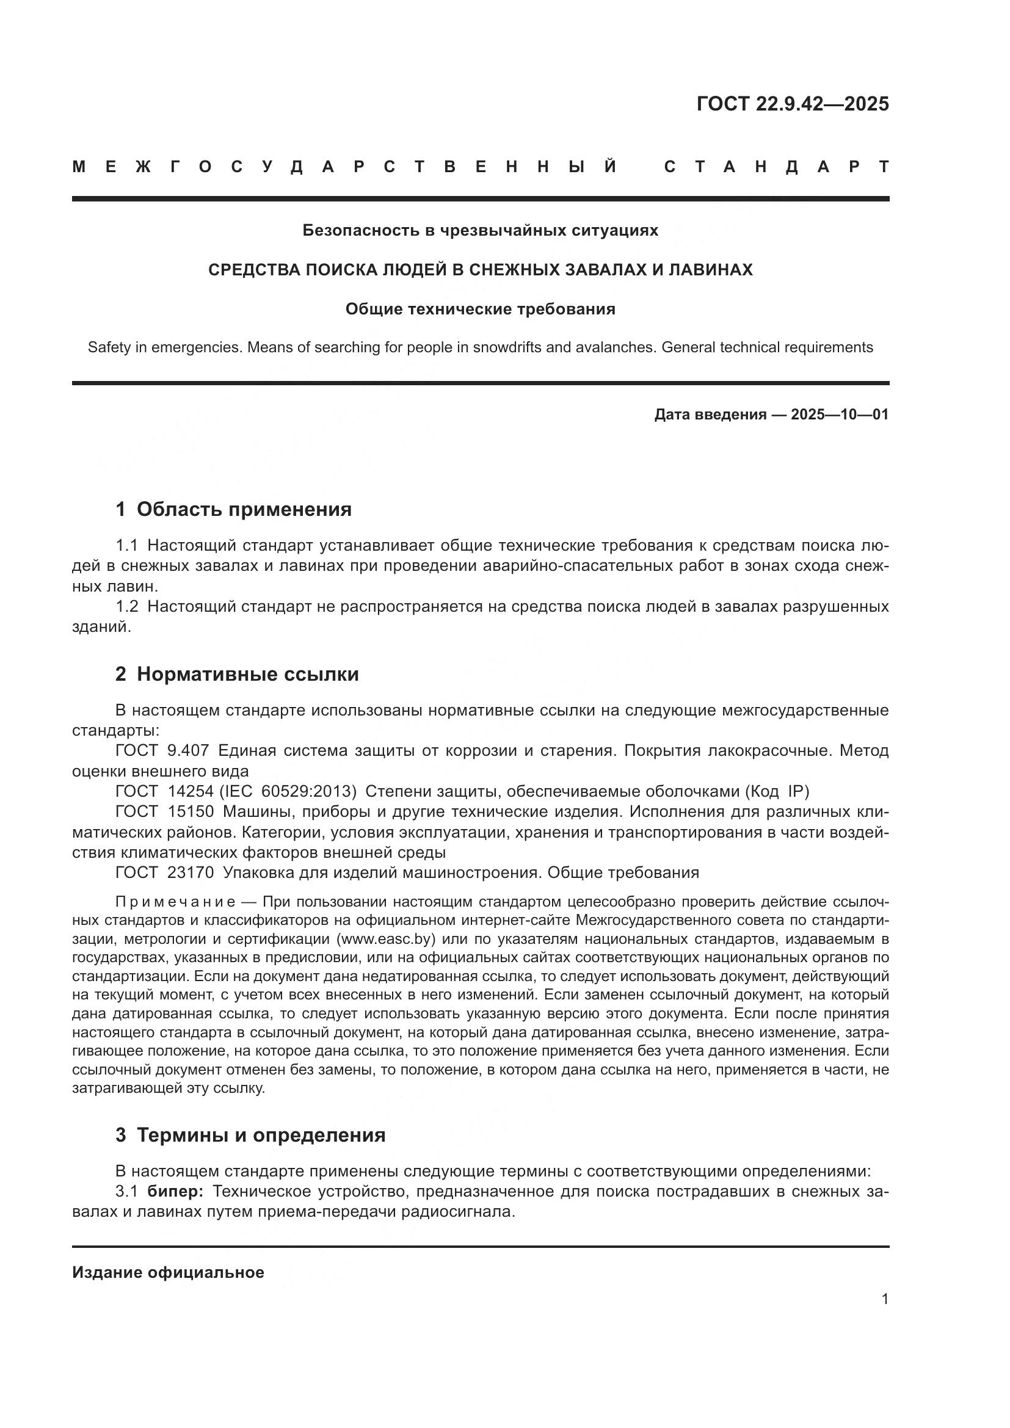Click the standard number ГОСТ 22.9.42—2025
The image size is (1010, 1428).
pos(793,104)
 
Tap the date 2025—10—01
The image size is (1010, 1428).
pos(839,414)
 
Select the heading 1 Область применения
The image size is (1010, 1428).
pos(233,509)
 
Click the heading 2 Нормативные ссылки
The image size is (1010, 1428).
pos(237,674)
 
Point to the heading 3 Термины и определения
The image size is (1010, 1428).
pos(250,1135)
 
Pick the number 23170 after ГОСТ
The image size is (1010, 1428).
pos(191,872)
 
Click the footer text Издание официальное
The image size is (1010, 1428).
pos(168,1272)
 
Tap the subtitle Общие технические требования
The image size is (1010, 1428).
pos(480,309)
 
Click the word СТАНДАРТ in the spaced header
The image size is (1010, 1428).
pos(777,167)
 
